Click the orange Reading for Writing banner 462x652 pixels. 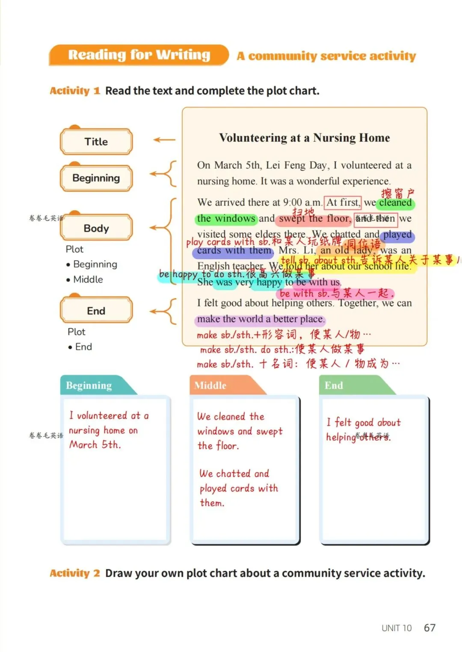click(x=139, y=55)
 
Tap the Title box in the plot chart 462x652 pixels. click(x=96, y=142)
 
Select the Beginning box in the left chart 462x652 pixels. click(x=96, y=178)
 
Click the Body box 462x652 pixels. click(x=96, y=228)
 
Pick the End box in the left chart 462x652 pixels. click(x=96, y=311)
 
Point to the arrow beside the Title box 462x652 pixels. click(x=164, y=140)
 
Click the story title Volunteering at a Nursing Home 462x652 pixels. click(x=304, y=138)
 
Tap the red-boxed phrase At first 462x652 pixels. click(x=343, y=202)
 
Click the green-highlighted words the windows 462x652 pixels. click(x=226, y=219)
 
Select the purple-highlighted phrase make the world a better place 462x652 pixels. click(x=261, y=319)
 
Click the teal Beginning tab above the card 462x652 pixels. click(x=89, y=385)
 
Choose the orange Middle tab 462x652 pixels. click(x=210, y=385)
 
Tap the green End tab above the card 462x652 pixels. click(x=334, y=385)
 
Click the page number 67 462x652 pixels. click(x=429, y=628)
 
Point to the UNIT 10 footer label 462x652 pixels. click(x=396, y=628)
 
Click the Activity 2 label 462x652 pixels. click(x=75, y=573)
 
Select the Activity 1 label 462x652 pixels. click(x=75, y=91)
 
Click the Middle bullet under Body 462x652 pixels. click(x=88, y=279)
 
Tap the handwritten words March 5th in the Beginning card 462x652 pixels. click(x=95, y=445)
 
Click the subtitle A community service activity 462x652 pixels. click(x=326, y=56)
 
